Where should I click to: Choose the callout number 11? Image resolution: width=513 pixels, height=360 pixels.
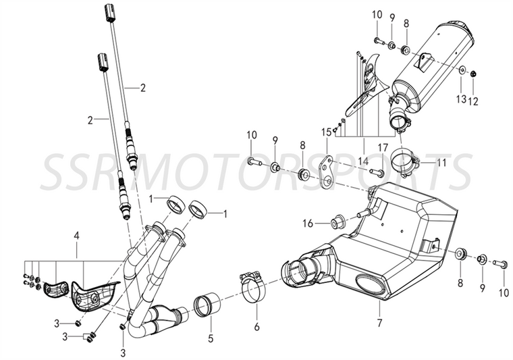click(441, 163)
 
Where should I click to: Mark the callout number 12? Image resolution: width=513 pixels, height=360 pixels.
click(473, 101)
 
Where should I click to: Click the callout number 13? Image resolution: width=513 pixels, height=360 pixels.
click(461, 101)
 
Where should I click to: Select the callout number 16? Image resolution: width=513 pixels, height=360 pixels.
click(308, 223)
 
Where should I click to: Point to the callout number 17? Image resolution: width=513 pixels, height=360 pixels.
click(382, 147)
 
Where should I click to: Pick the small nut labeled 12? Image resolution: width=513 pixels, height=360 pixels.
click(473, 74)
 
